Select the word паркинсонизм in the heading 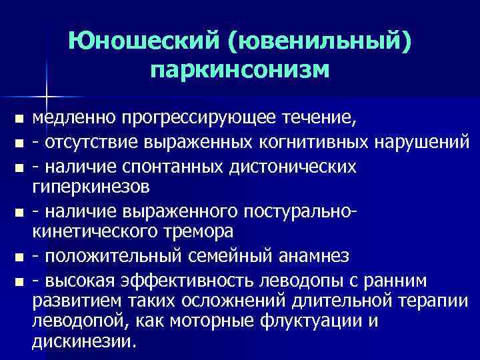(x=239, y=69)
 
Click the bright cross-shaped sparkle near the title (x=47, y=95)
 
